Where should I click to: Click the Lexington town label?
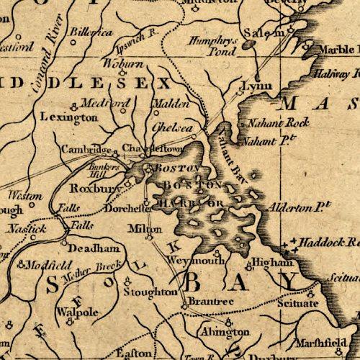[69, 116]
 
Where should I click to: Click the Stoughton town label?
[150, 293]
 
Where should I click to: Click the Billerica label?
[89, 33]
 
